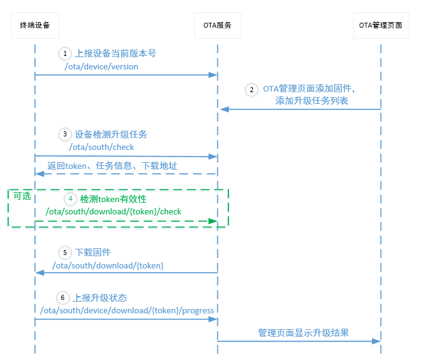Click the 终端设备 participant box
pos(35,25)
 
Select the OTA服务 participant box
pos(217,25)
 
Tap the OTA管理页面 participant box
pos(381,25)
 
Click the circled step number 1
pos(65,53)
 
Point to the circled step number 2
pos(251,89)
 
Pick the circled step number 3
pos(65,134)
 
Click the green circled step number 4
pos(70,199)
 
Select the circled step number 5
pos(65,252)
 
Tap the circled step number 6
pos(63,298)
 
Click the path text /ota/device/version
pos(101,66)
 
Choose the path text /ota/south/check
pos(101,147)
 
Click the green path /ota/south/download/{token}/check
pos(114,212)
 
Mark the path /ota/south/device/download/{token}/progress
pos(127,310)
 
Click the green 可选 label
pos(22,196)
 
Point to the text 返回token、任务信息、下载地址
pos(112,166)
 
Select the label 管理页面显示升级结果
pos(303,332)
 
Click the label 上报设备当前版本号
pos(115,53)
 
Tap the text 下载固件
pos(93,252)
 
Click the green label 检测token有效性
pos(114,199)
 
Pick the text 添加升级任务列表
pos(312,101)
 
